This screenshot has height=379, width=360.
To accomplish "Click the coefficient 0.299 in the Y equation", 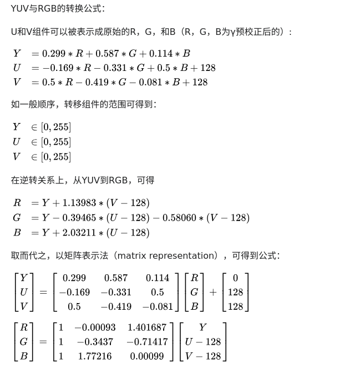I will point(54,54).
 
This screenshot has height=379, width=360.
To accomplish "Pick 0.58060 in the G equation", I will point(178,218).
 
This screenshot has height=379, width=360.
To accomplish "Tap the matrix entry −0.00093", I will point(95,327).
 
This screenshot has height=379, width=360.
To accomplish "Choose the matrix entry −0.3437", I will point(95,342).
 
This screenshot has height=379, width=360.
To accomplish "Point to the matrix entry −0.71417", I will point(146,342).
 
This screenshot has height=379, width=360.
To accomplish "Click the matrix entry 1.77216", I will point(95,356).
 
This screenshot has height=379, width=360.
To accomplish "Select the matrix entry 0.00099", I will point(146,356).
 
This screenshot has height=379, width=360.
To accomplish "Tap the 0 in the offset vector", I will point(235,278).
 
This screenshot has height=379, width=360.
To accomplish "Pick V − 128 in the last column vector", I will point(203,356).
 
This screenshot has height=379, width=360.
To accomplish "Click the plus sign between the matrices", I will point(212,292).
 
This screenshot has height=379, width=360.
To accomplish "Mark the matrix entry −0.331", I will point(116,292).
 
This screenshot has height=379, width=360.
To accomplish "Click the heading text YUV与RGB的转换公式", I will point(58,9).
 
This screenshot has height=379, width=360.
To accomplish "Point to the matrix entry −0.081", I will point(157,306).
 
